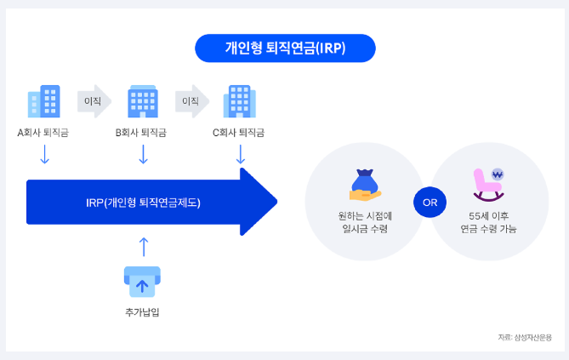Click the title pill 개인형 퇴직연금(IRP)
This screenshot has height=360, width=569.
(284, 49)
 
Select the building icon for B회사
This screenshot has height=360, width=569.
(142, 101)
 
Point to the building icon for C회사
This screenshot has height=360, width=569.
(239, 101)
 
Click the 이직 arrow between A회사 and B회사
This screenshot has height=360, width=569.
(93, 100)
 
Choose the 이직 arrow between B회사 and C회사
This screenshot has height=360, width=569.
(191, 100)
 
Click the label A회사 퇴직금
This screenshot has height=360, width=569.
(44, 133)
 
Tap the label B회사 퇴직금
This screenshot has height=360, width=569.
(141, 133)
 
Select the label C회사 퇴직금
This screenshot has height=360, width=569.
(239, 133)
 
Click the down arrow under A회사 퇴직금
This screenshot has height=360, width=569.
(45, 154)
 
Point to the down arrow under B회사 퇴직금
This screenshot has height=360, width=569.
(143, 154)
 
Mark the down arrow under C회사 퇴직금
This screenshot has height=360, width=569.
(240, 154)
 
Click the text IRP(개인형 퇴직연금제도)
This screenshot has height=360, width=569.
(143, 203)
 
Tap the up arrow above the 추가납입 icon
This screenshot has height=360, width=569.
(143, 247)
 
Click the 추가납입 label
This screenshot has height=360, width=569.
(142, 311)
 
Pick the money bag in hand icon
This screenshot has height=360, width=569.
(363, 184)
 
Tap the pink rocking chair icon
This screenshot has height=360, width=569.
(487, 183)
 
